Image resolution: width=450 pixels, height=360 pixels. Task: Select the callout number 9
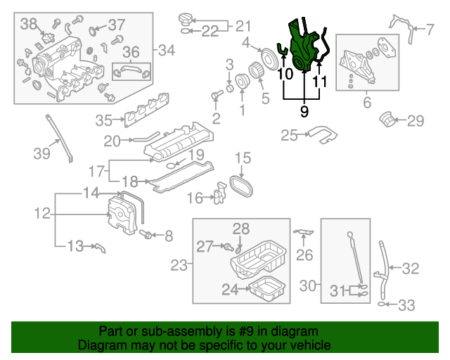pyautogui.click(x=304, y=110)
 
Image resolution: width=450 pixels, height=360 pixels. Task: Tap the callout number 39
pyautogui.click(x=42, y=151)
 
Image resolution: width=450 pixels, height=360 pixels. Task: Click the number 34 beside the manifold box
pyautogui.click(x=167, y=50)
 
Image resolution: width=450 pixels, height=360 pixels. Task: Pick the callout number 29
pyautogui.click(x=416, y=121)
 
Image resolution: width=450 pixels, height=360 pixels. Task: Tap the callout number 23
pyautogui.click(x=179, y=265)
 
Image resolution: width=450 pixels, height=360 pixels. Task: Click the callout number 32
pyautogui.click(x=410, y=268)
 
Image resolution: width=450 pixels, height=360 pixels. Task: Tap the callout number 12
pyautogui.click(x=42, y=212)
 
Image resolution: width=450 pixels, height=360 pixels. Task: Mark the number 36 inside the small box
pyautogui.click(x=131, y=52)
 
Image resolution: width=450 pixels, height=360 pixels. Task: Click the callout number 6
pyautogui.click(x=367, y=103)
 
